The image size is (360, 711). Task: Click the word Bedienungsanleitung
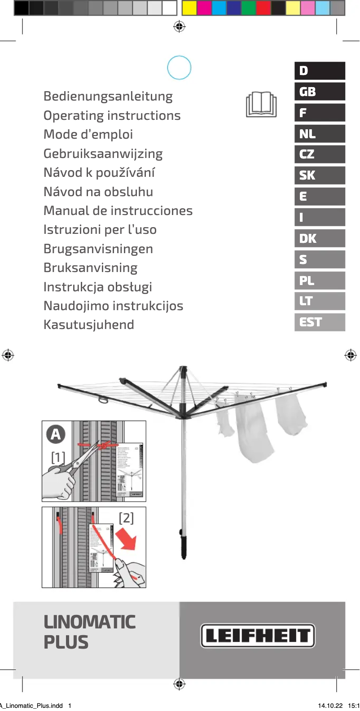click(108, 97)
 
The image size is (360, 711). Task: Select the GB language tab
click(320, 92)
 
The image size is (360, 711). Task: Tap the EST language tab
click(320, 322)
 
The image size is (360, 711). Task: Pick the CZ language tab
click(320, 154)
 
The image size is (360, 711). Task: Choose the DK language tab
click(320, 238)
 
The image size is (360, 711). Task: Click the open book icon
click(261, 105)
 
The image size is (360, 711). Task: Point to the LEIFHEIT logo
click(258, 636)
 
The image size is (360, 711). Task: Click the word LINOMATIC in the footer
click(90, 622)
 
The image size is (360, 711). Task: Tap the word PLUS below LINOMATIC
click(66, 643)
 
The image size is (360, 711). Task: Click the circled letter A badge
click(56, 434)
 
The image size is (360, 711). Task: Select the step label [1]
click(58, 457)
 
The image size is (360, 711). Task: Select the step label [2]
click(126, 518)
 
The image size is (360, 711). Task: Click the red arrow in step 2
click(126, 540)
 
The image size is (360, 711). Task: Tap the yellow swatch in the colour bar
click(189, 8)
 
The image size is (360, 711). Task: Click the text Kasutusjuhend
click(88, 325)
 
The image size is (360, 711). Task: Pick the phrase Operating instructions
click(112, 116)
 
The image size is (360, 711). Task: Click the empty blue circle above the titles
click(179, 68)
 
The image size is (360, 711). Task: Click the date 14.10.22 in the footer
click(330, 706)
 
